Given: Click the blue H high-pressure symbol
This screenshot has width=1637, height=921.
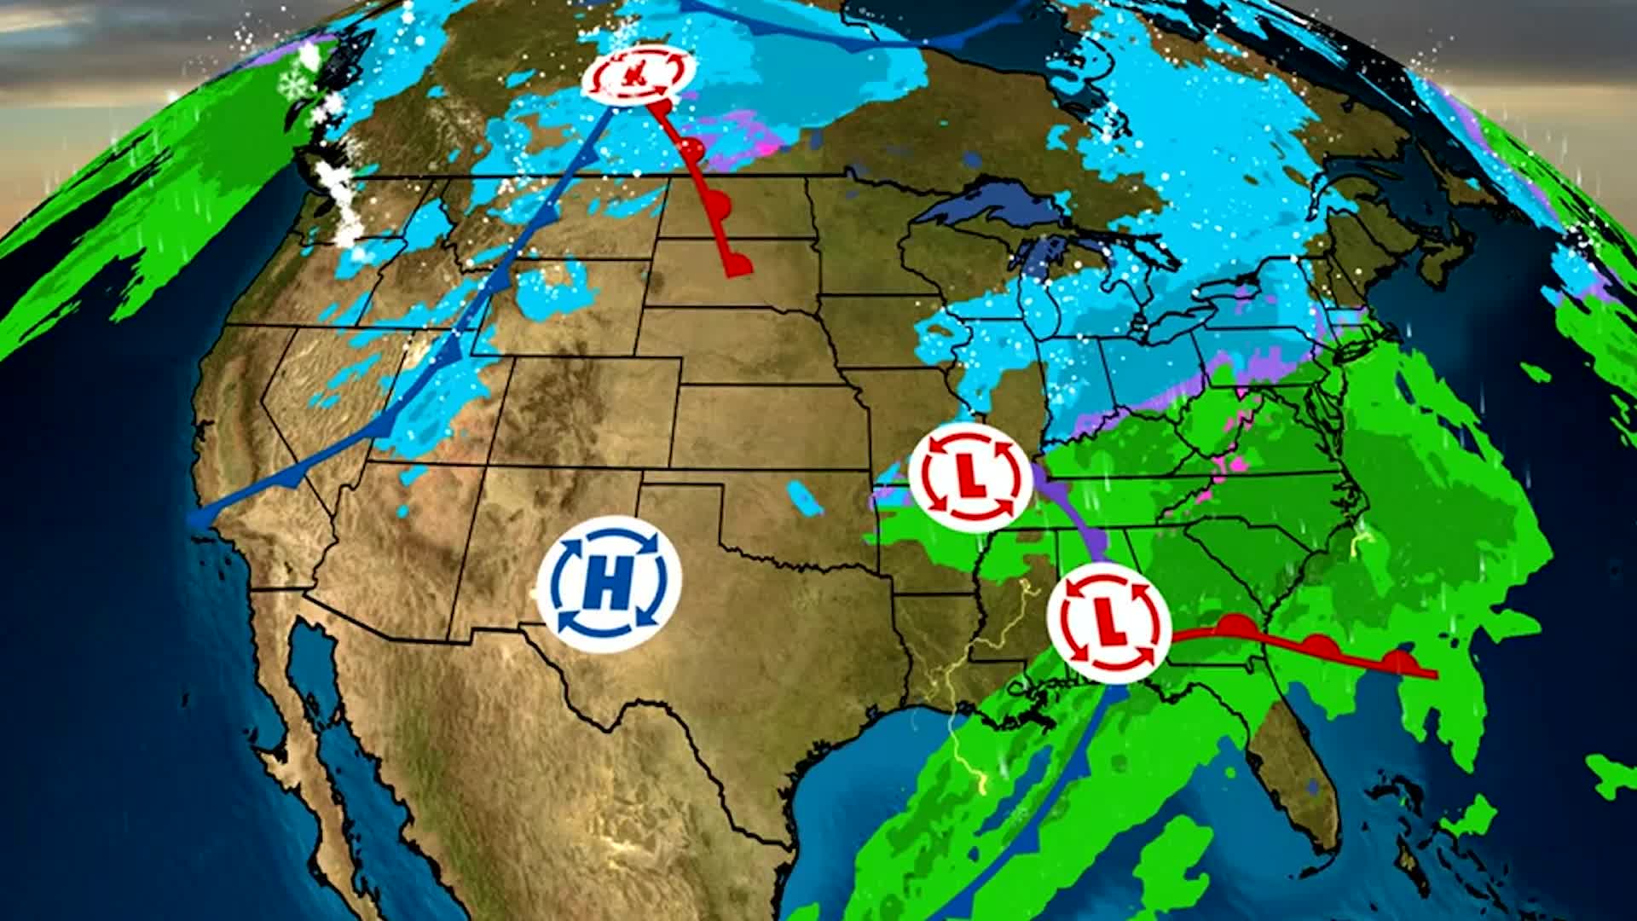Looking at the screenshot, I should point(609,584).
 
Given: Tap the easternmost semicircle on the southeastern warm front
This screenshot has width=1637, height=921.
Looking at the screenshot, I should point(1398,661).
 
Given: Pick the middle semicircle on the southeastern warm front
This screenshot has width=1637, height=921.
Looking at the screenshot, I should point(1319,645).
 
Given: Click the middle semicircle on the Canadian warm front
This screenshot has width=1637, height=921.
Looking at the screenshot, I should point(719,206).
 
